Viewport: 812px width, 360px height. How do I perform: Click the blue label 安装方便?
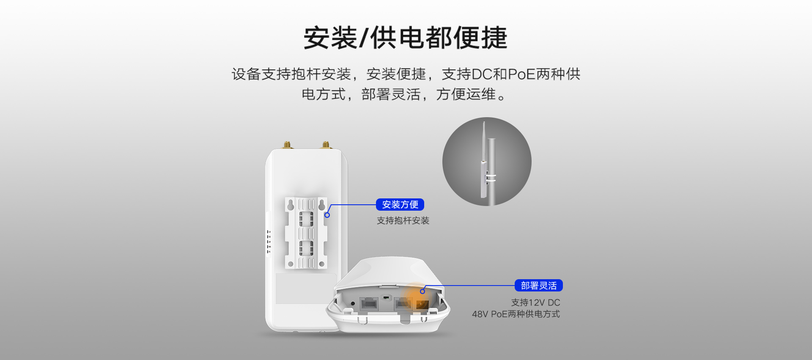[x=400, y=205]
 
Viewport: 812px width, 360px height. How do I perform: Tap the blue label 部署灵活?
[x=539, y=286]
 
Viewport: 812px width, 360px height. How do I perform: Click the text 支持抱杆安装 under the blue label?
[x=403, y=220]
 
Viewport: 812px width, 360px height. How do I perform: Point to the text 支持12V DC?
[x=535, y=302]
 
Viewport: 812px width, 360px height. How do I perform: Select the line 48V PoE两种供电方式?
[x=516, y=314]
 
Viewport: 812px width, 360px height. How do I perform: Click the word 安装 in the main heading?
[x=330, y=38]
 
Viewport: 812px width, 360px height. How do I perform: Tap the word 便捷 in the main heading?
[x=480, y=38]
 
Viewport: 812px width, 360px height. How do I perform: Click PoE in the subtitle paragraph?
[x=522, y=74]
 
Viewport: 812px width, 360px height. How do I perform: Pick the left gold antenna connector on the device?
[x=287, y=145]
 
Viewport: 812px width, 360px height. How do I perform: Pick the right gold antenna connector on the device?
[x=326, y=145]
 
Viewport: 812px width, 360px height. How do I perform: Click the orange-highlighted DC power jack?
[x=422, y=305]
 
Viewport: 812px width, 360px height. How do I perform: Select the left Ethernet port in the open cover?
[x=369, y=304]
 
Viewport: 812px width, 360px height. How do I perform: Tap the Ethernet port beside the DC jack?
[x=403, y=303]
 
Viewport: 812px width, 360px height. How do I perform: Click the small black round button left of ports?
[x=353, y=303]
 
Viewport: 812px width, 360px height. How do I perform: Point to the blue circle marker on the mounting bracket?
[x=327, y=215]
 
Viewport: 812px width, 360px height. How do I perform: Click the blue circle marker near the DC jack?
[x=422, y=291]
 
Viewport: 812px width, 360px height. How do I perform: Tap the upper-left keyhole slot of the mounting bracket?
[x=291, y=205]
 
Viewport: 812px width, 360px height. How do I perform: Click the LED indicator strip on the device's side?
[x=268, y=242]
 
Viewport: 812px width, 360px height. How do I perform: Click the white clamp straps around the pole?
[x=491, y=178]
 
